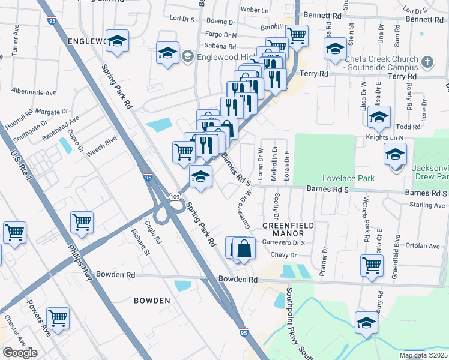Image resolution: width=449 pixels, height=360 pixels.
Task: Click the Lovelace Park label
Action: tap(348, 178)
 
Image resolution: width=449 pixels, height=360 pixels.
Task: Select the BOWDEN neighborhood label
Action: tap(152, 300)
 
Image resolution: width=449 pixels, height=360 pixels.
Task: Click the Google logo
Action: tap(20, 353)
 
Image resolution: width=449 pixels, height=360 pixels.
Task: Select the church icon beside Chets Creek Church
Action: tap(427, 62)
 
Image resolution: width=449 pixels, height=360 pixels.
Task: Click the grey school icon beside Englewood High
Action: tap(187, 58)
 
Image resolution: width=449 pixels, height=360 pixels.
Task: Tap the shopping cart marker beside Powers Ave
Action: tap(58, 319)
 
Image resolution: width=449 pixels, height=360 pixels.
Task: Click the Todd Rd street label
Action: tap(408, 127)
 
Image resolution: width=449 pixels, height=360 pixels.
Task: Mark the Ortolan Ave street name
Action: tap(423, 246)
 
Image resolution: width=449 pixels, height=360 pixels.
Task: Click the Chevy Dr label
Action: tap(285, 255)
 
